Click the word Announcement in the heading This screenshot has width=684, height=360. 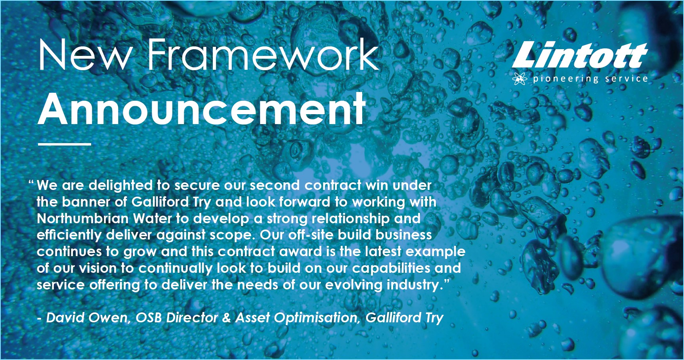click(202, 109)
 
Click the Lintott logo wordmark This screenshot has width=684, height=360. click(579, 55)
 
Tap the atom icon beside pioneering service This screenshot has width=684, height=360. click(520, 79)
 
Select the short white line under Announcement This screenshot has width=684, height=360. click(65, 144)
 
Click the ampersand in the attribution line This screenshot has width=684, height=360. click(226, 318)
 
